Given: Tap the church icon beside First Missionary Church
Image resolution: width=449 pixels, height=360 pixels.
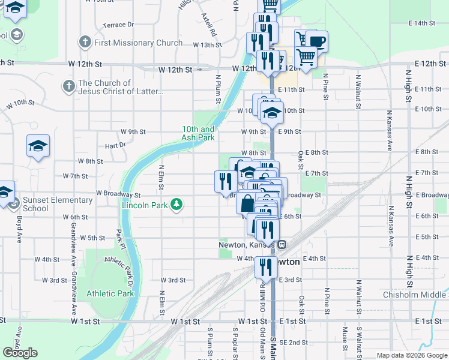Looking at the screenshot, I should pos(85,43).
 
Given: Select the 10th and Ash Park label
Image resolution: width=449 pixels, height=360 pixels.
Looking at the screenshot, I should pos(198,133).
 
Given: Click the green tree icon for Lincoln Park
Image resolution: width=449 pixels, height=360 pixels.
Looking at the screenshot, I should pos(176,205).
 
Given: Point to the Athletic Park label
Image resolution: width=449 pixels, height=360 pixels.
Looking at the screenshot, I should pos(110,294).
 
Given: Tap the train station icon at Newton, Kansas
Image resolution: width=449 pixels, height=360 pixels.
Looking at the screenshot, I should pos(281,244).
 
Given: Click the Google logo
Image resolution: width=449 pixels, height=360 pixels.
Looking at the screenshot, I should pos(20,353).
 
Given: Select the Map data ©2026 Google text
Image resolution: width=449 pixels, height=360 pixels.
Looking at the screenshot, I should pos(412,355).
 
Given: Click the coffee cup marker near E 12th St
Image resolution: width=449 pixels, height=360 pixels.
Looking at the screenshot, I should pos(317,41).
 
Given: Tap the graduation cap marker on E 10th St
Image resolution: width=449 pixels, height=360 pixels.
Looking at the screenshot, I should pos(272,112).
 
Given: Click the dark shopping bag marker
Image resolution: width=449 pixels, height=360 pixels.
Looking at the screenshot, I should pos(247,203).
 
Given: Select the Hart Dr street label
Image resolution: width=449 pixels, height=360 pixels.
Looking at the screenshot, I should pos(114,145).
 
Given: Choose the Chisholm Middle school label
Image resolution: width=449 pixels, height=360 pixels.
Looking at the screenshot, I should pos(415,294).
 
